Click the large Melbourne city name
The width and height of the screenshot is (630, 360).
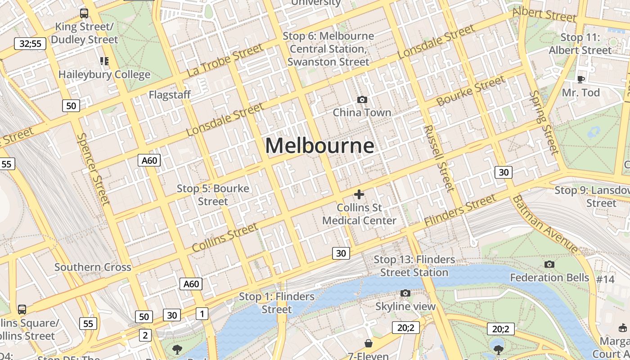click(319, 146)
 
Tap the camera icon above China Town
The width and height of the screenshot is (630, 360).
click(362, 99)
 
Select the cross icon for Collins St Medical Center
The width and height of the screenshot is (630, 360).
click(359, 194)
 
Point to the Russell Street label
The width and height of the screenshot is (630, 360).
click(439, 158)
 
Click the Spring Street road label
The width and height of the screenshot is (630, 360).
click(544, 122)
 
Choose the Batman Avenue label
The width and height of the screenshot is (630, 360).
click(545, 224)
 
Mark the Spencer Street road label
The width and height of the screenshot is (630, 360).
click(94, 168)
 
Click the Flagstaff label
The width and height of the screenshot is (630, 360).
click(170, 95)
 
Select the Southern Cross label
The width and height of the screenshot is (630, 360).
click(93, 267)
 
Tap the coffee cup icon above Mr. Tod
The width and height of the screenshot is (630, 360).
click(580, 80)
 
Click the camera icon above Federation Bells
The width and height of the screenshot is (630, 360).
click(549, 264)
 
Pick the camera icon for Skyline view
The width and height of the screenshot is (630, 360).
click(405, 293)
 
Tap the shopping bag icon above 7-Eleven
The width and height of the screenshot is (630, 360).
click(369, 344)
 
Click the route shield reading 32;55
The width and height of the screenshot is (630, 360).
click(30, 44)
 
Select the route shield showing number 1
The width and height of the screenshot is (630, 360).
click(202, 314)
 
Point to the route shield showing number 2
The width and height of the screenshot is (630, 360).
click(145, 335)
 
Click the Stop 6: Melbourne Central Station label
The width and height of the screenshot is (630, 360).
click(328, 49)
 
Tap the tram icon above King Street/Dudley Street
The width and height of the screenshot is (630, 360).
click(84, 13)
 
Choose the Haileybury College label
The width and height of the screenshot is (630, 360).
click(104, 74)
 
